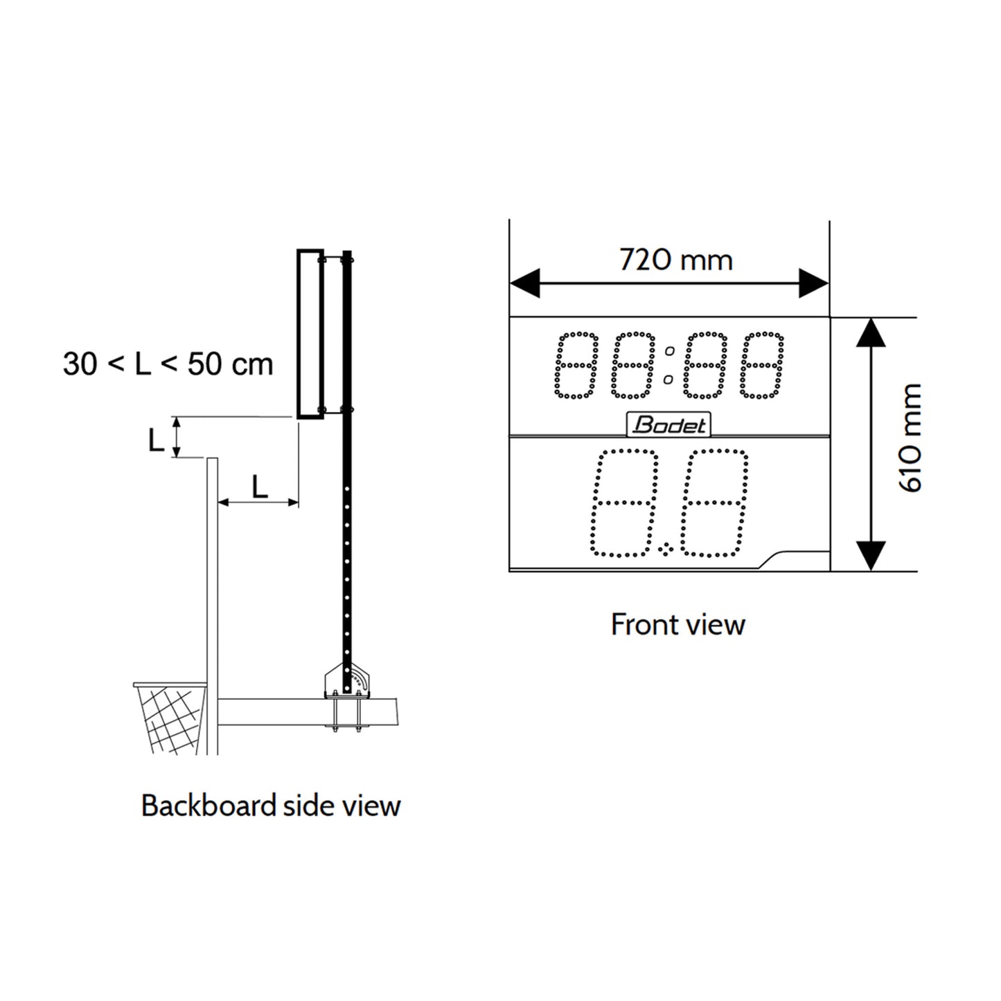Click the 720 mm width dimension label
pyautogui.click(x=675, y=260)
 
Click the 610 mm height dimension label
pyautogui.click(x=911, y=438)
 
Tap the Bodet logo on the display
pyautogui.click(x=668, y=425)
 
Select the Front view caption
pyautogui.click(x=677, y=625)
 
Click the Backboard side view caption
pyautogui.click(x=271, y=806)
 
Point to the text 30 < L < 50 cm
pyautogui.click(x=168, y=364)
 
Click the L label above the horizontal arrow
pyautogui.click(x=259, y=488)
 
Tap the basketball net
pyautogui.click(x=172, y=717)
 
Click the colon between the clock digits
pyautogui.click(x=669, y=365)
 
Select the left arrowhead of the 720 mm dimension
pyautogui.click(x=524, y=283)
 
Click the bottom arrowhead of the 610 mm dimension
pyautogui.click(x=871, y=556)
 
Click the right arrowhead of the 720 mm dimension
pyautogui.click(x=814, y=283)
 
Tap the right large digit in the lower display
pyautogui.click(x=714, y=503)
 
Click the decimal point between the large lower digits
pyautogui.click(x=667, y=550)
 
